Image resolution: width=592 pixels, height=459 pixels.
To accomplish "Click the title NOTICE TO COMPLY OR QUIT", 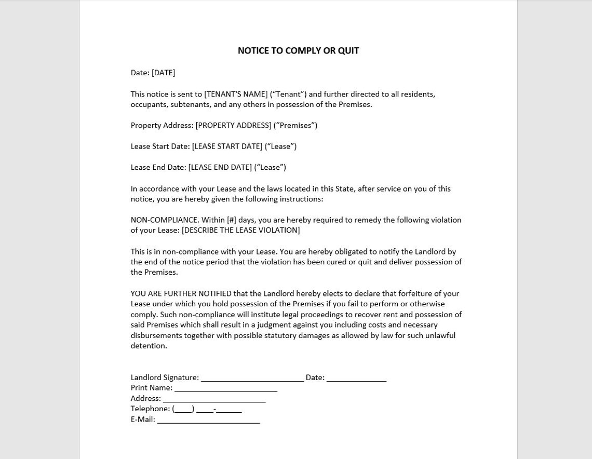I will [x=298, y=51].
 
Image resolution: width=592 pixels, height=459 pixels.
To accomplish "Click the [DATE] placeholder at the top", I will [x=163, y=73].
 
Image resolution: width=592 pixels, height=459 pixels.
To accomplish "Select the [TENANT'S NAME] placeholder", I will [x=236, y=94].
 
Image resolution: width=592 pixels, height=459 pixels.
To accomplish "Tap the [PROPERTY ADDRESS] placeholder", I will [x=233, y=125].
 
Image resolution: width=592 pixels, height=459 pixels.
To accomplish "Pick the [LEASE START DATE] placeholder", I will [x=227, y=146].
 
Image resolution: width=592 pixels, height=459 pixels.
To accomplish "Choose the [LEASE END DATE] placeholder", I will [x=220, y=167].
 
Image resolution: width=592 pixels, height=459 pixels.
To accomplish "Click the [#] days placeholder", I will [x=232, y=220].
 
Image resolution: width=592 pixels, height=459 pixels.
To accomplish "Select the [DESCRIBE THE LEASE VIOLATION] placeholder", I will [x=240, y=230].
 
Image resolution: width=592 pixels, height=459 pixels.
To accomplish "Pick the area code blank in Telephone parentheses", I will [x=183, y=409].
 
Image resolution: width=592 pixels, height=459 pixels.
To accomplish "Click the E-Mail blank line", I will [x=208, y=420].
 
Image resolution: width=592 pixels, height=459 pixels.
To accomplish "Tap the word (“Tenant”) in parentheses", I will [x=288, y=94].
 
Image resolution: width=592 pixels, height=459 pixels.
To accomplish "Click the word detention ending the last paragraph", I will [x=148, y=346].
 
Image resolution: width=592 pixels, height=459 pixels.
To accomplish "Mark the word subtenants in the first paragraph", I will [x=191, y=104].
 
